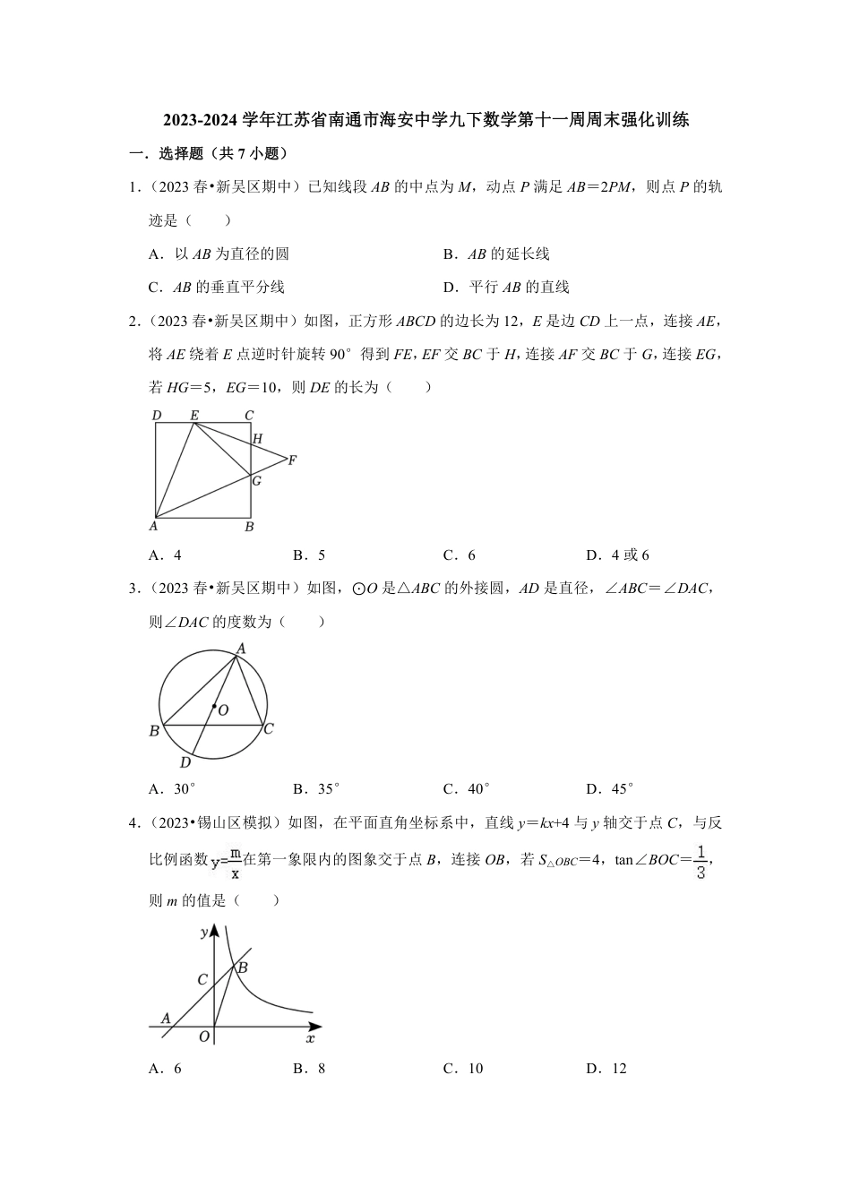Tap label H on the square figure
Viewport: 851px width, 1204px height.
[258, 439]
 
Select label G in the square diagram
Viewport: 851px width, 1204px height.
[257, 481]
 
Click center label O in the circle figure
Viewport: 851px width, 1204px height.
[223, 710]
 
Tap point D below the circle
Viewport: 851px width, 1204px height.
[185, 762]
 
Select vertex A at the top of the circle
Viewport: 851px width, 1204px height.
[241, 648]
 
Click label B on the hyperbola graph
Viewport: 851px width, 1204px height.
[242, 967]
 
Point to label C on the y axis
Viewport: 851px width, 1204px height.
[202, 980]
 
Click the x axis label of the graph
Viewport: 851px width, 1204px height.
[310, 1039]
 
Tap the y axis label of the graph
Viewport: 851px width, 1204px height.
[204, 932]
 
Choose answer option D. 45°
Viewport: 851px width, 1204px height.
[609, 789]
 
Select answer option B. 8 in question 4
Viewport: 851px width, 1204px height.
[309, 1068]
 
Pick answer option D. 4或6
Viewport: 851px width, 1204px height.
[617, 555]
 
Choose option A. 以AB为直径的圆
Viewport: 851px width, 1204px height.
[219, 254]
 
